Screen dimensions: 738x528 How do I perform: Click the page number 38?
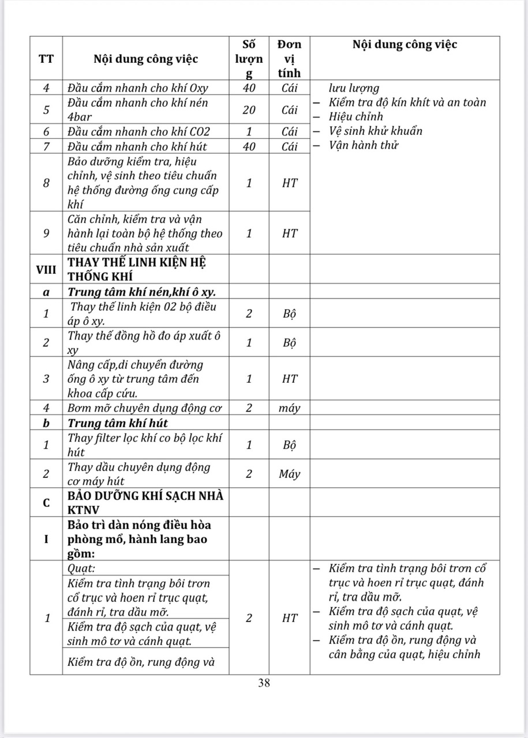coord(264,683)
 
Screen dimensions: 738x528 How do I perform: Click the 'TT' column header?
coord(46,58)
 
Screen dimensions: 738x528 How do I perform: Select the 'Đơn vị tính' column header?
coord(289,58)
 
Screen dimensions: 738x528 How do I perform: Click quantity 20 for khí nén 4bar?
coord(249,110)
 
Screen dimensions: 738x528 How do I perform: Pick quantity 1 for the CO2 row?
coord(249,131)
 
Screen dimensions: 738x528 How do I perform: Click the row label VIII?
coord(46,269)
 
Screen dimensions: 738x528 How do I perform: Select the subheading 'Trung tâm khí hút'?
coord(118,423)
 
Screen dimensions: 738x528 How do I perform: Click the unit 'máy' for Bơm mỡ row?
coord(289,408)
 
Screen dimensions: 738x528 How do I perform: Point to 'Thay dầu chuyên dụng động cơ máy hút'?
coord(139,473)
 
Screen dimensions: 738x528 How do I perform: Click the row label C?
coord(46,502)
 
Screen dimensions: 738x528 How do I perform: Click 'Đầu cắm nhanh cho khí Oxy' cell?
coord(137,88)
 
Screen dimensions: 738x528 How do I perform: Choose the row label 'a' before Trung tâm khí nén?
coord(46,292)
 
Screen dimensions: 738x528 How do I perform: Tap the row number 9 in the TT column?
coord(46,233)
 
